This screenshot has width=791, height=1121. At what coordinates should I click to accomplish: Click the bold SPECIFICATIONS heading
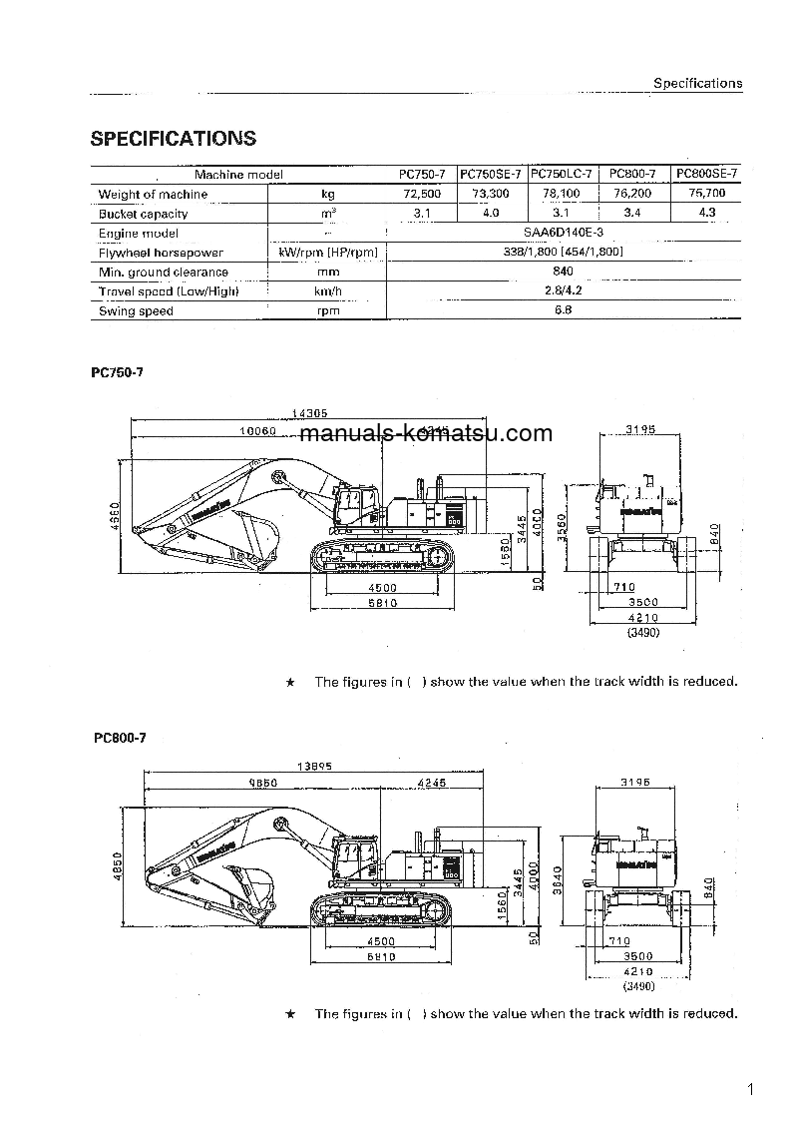pos(173,139)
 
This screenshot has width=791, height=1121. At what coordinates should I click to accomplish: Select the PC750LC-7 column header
pos(562,174)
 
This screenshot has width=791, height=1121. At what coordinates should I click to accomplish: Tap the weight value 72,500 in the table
pos(421,194)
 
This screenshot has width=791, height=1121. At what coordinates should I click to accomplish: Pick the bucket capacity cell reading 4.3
pos(706,213)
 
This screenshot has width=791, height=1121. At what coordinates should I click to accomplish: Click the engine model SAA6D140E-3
pos(564,233)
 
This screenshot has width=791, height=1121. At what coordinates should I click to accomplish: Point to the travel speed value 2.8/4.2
pos(564,290)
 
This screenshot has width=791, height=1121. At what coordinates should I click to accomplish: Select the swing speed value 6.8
pos(564,310)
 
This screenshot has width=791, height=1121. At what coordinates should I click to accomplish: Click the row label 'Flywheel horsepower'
pos(161,253)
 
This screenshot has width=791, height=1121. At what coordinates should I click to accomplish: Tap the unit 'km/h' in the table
pos(327,291)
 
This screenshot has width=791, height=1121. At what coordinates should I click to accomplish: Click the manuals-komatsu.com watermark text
pos(425,433)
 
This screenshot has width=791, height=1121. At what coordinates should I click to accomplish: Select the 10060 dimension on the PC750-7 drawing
pos(256,431)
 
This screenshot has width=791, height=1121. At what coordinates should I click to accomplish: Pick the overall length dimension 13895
pos(314,767)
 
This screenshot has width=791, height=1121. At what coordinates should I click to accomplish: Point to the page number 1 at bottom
pos(748,1089)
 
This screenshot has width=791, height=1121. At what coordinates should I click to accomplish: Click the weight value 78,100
pos(562,194)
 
